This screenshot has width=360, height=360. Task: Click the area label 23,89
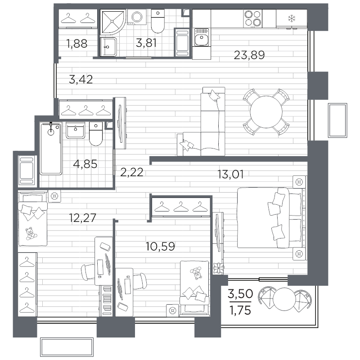point(249,55)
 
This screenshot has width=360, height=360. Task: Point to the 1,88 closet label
point(76,44)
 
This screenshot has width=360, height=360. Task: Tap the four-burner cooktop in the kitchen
point(252,18)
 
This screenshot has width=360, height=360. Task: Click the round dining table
point(265,112)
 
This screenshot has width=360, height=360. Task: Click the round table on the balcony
point(283,298)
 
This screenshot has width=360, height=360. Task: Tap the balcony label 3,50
point(240,295)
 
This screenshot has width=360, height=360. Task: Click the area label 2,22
point(132,172)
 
